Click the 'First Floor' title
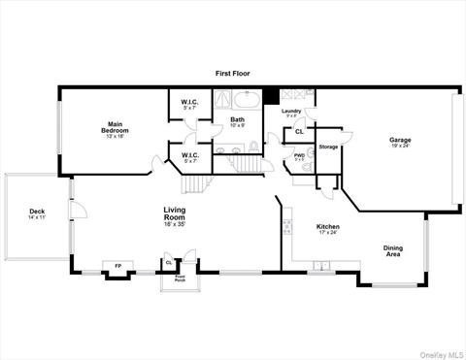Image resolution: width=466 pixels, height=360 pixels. (x=233, y=74)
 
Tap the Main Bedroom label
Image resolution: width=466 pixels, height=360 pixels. (x=116, y=128)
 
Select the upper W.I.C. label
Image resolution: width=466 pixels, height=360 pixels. (x=189, y=104)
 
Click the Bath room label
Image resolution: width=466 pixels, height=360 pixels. (x=237, y=122)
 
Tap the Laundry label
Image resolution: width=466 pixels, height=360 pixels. (x=291, y=113)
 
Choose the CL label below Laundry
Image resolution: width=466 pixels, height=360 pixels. (x=299, y=131)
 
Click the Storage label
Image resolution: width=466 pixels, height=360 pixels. (x=328, y=147)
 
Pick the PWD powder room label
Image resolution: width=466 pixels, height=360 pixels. (x=300, y=157)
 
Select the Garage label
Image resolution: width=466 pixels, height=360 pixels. (x=400, y=142)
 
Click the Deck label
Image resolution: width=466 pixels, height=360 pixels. (x=37, y=213)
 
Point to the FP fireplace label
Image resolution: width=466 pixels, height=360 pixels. (x=118, y=266)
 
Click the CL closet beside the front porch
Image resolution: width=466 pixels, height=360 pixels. (x=169, y=262)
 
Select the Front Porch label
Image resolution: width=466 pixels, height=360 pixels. (x=181, y=278)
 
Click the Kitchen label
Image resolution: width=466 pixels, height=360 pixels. (x=328, y=229)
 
